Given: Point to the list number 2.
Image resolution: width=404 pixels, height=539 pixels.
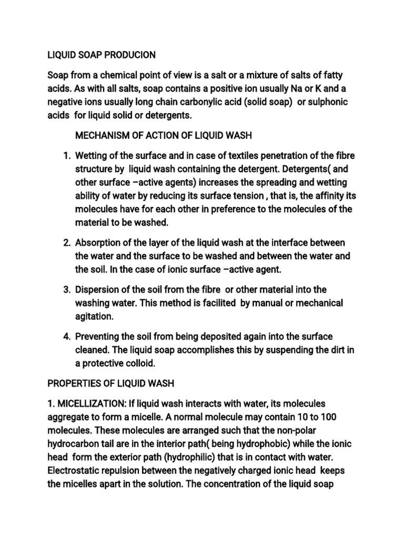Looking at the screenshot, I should (66, 243).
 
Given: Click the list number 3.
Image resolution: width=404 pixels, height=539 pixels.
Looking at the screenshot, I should (66, 290).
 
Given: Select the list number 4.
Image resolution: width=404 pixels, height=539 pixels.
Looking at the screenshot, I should (66, 336).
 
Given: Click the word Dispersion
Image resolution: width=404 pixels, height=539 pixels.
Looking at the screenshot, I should (98, 290).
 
